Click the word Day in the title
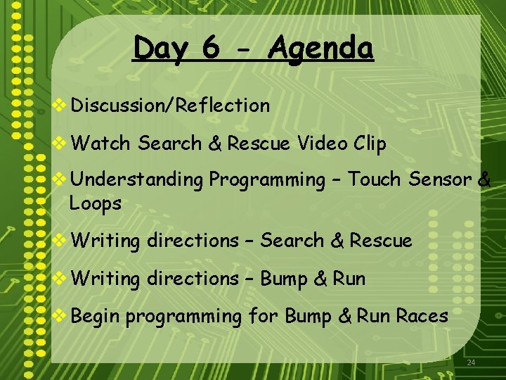(x=161, y=49)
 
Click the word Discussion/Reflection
(x=170, y=106)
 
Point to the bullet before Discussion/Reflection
(x=61, y=106)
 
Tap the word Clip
(x=370, y=144)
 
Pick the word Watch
(x=100, y=144)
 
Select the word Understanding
(x=136, y=180)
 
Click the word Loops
(x=96, y=204)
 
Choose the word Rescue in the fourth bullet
(x=381, y=241)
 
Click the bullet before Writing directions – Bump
(x=61, y=279)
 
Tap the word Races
(x=422, y=316)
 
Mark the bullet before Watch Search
(x=61, y=144)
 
